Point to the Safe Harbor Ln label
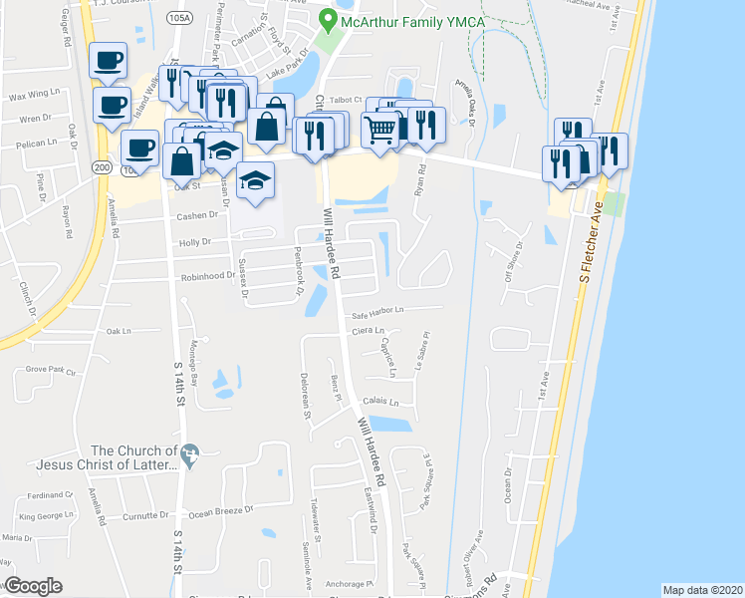tap(377, 312)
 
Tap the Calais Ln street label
tap(381, 403)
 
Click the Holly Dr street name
tap(195, 241)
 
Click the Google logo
tap(33, 586)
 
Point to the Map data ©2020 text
tap(702, 590)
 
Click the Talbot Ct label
tap(343, 99)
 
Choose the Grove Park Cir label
tap(51, 370)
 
